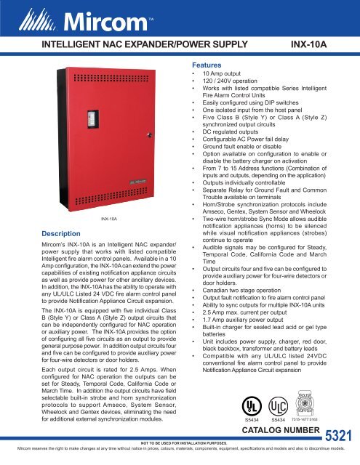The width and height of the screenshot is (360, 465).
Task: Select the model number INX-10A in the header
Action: pos(314,44)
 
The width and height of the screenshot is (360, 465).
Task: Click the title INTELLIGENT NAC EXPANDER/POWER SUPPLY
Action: pos(133,44)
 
